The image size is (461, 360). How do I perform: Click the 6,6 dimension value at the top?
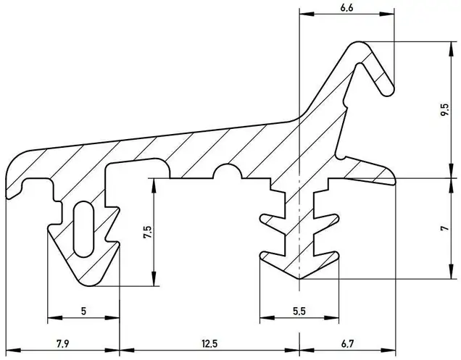(346, 8)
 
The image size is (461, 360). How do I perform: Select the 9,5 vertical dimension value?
(445, 109)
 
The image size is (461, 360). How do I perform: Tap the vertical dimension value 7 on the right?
(445, 228)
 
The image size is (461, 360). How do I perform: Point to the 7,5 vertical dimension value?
(148, 233)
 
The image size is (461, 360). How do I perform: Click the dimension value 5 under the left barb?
(84, 311)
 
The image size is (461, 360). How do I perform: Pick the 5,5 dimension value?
(299, 311)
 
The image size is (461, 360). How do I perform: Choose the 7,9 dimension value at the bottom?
(63, 343)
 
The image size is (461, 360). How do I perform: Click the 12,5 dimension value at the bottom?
(209, 343)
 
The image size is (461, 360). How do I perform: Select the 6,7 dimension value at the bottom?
(347, 343)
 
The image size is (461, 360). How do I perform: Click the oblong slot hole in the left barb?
(83, 229)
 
